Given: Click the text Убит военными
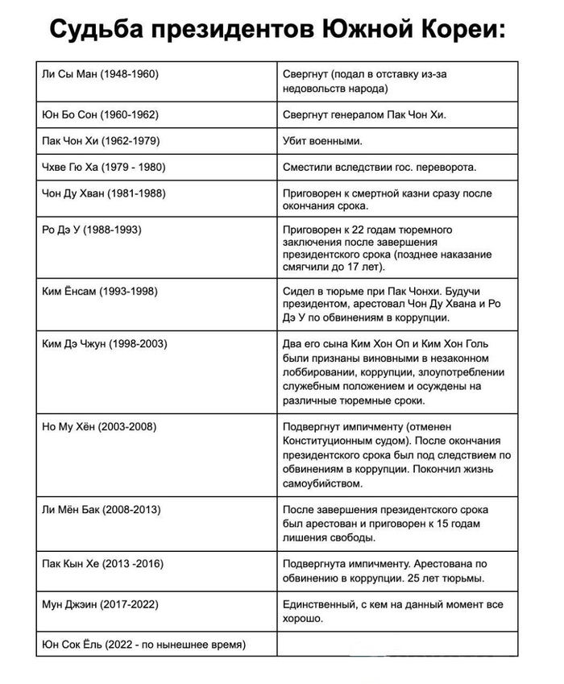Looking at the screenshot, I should (x=323, y=141).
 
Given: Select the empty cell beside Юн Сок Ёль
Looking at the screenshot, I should (x=396, y=645).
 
